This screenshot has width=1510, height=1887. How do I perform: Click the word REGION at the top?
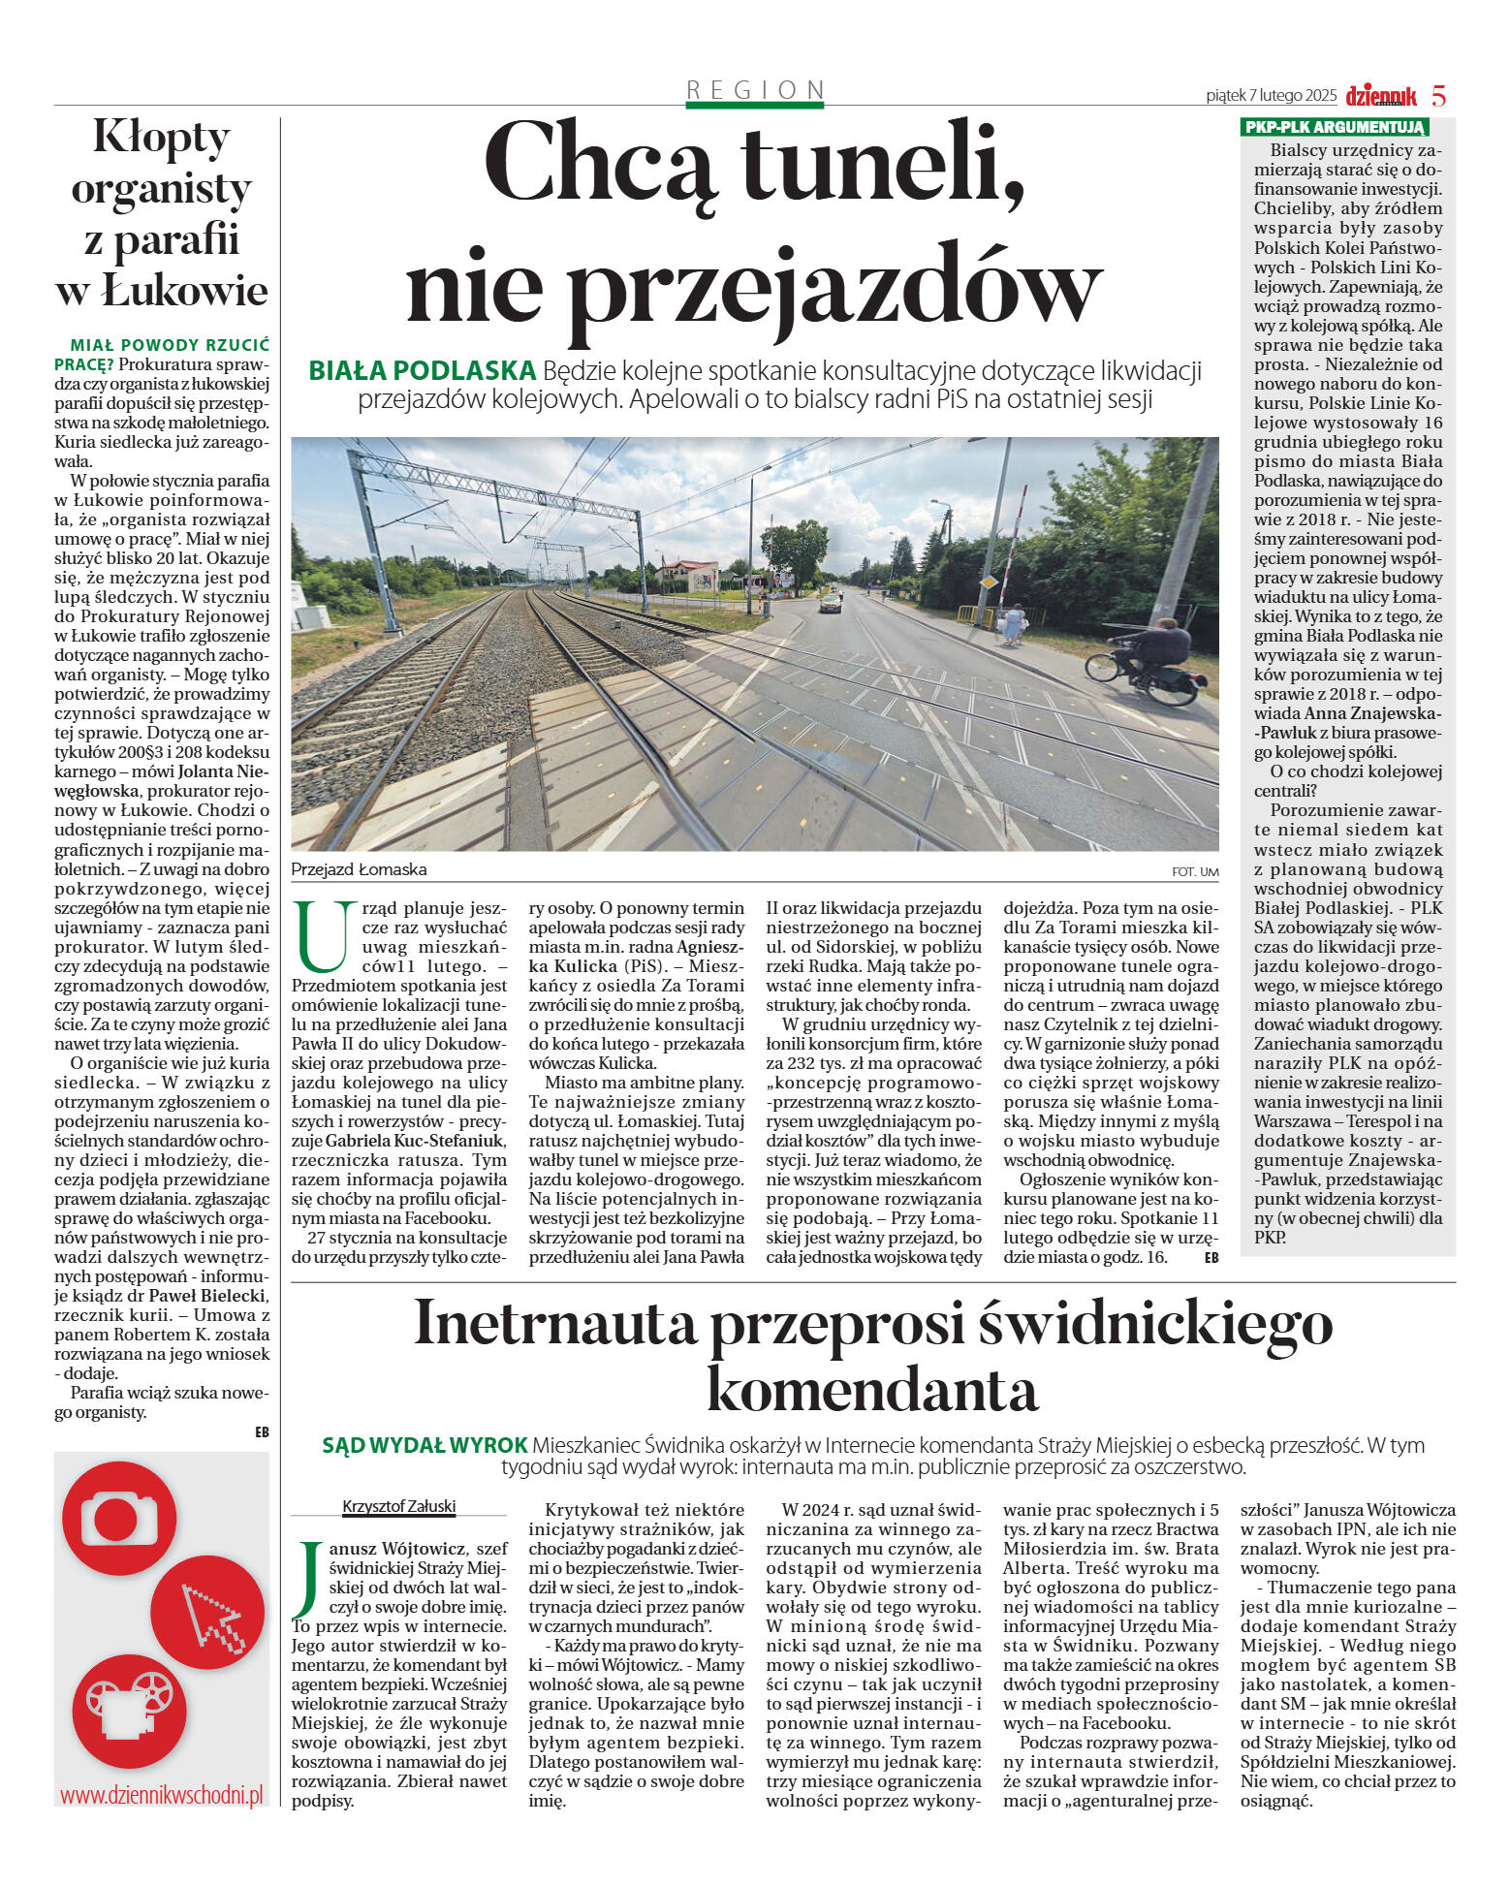click(755, 90)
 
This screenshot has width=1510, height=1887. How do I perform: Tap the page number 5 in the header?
click(1438, 96)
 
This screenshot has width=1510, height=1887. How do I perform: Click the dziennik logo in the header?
click(1380, 96)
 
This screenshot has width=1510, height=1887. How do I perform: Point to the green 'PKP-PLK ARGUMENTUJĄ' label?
click(1334, 127)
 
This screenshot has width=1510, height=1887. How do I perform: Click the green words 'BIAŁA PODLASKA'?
click(422, 370)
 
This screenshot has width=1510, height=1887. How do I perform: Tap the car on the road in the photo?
click(831, 603)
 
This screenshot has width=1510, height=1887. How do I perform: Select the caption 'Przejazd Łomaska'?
click(359, 869)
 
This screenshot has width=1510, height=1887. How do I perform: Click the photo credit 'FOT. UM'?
click(1194, 872)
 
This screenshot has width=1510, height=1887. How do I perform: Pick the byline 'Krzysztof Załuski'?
click(398, 1506)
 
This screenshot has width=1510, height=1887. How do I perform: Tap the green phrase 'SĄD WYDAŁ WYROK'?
click(425, 1445)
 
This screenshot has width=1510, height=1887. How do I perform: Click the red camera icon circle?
click(119, 1518)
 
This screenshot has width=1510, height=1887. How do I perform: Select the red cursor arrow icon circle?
click(207, 1614)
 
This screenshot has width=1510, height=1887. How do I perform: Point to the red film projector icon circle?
click(128, 1712)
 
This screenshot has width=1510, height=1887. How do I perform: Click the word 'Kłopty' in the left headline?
click(161, 137)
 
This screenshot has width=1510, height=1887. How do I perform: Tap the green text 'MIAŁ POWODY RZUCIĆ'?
click(170, 345)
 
